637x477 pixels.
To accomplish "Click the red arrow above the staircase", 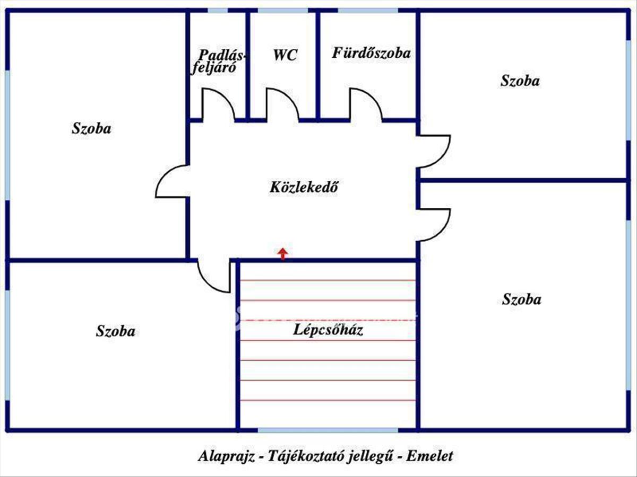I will tap(283, 254).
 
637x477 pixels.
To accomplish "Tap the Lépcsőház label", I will tap(328, 330).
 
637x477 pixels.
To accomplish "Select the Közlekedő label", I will tap(304, 187).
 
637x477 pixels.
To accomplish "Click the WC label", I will tap(286, 55).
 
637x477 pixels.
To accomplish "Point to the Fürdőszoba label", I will tap(372, 53).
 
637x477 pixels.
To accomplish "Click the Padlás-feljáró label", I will tap(218, 61).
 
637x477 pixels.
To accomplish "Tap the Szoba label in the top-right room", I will tap(520, 81).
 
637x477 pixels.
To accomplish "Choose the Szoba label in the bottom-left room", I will tap(115, 332).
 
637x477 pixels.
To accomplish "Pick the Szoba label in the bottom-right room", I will tap(521, 299).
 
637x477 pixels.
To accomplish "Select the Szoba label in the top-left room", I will tap(91, 128).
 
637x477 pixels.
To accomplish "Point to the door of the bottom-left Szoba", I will tap(213, 276).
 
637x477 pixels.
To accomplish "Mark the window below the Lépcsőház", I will tap(328, 430).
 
